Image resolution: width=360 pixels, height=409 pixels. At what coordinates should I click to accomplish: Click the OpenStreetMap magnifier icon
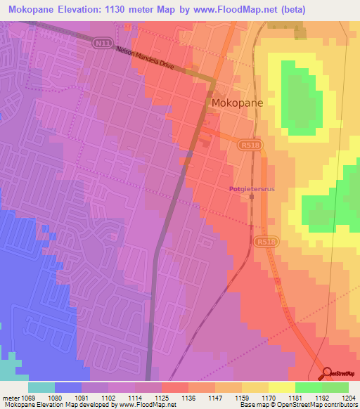[x=327, y=373]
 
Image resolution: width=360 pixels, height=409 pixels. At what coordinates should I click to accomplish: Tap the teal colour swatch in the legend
[x=41, y=387]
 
